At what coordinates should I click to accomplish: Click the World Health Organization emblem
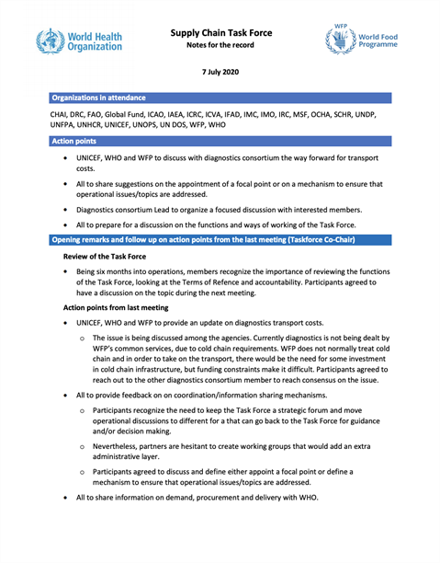51,41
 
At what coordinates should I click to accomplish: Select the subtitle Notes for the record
220,46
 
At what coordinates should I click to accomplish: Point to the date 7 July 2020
220,73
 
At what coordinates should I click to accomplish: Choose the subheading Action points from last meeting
116,306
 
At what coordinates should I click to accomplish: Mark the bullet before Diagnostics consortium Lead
64,211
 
